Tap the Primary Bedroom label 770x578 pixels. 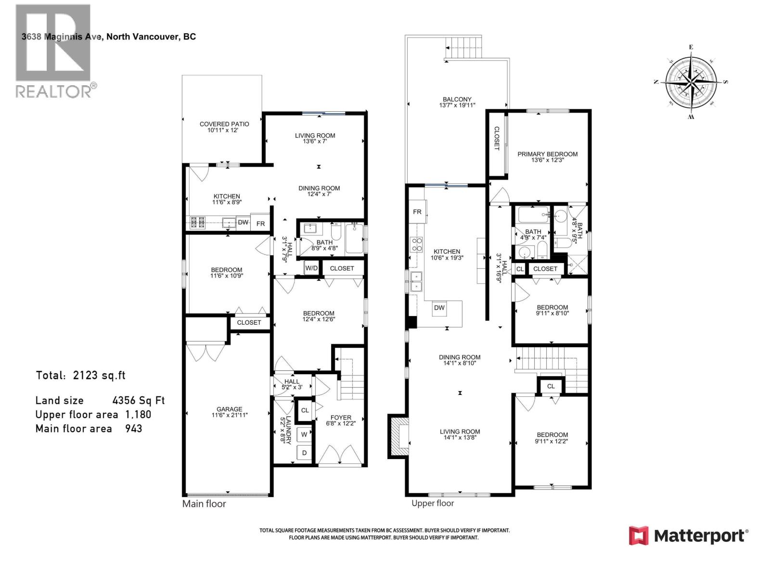click(547, 154)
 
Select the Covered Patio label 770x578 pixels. click(224, 124)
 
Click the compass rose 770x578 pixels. click(691, 82)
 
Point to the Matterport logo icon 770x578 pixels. click(639, 536)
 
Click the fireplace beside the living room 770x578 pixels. click(398, 436)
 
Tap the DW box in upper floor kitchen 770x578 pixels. click(439, 308)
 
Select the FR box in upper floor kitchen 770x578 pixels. click(417, 212)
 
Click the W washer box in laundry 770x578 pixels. click(304, 434)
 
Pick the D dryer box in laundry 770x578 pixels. click(304, 453)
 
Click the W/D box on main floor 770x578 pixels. click(311, 268)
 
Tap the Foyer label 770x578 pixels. click(341, 418)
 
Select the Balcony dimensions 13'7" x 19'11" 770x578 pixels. click(457, 105)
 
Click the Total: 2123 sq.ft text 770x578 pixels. click(80, 375)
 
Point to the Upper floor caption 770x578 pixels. click(432, 503)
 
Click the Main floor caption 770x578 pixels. click(204, 504)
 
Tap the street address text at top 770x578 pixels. click(109, 37)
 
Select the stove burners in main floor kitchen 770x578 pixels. click(198, 222)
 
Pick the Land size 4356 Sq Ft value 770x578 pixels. click(139, 401)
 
